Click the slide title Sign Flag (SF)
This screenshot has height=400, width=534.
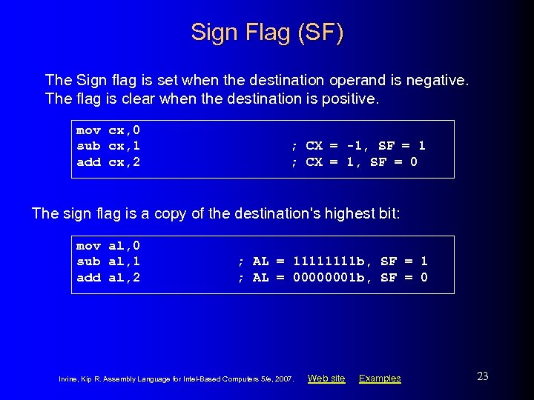[267, 33]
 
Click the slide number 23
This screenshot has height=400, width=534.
[482, 376]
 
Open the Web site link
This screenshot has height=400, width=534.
[326, 379]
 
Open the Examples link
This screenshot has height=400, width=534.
[380, 379]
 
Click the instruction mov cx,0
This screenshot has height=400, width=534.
[108, 130]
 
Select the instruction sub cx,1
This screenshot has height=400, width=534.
[108, 146]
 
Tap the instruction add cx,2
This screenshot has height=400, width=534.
[108, 161]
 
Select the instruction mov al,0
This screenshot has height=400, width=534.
[108, 245]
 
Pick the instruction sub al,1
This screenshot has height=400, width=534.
[108, 261]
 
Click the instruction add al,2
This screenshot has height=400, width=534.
[108, 277]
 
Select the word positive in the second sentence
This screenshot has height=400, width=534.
[349, 99]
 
